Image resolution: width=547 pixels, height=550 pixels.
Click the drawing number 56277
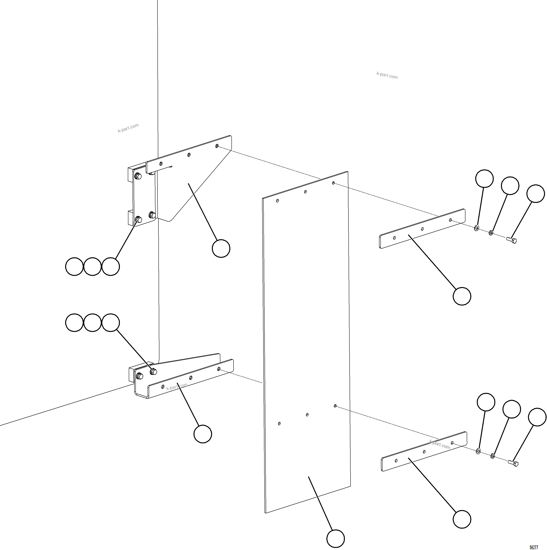(534, 547)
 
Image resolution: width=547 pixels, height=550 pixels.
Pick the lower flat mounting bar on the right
(424, 452)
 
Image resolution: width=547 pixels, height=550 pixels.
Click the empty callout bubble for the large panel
(336, 539)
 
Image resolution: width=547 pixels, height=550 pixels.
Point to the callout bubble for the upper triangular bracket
(221, 248)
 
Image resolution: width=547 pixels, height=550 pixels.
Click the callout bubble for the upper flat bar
(462, 296)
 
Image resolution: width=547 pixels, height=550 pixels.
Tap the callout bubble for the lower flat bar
(462, 520)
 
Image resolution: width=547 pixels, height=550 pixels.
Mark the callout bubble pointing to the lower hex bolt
(537, 417)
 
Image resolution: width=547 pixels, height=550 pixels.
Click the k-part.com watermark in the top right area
(387, 75)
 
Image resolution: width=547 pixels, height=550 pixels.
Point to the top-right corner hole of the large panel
(333, 183)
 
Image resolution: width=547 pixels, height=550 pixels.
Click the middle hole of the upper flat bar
(422, 229)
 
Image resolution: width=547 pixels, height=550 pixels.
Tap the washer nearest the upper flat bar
(476, 228)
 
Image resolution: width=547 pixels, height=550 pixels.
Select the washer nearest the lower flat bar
(478, 451)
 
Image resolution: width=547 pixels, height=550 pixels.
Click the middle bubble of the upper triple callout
(93, 267)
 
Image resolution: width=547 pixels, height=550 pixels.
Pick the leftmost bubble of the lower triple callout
(74, 323)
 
